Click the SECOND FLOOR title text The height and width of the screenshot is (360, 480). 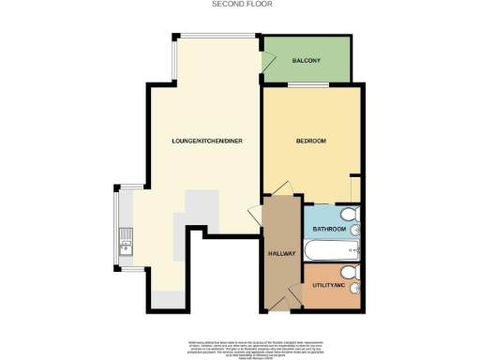pos(239,5)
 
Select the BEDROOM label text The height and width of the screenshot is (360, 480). pos(310,142)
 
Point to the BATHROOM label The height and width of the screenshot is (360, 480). pos(329,230)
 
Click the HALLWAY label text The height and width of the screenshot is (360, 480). pos(282,253)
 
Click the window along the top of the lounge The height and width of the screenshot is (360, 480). pos(215,37)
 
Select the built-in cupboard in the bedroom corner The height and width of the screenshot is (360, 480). pos(354,189)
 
